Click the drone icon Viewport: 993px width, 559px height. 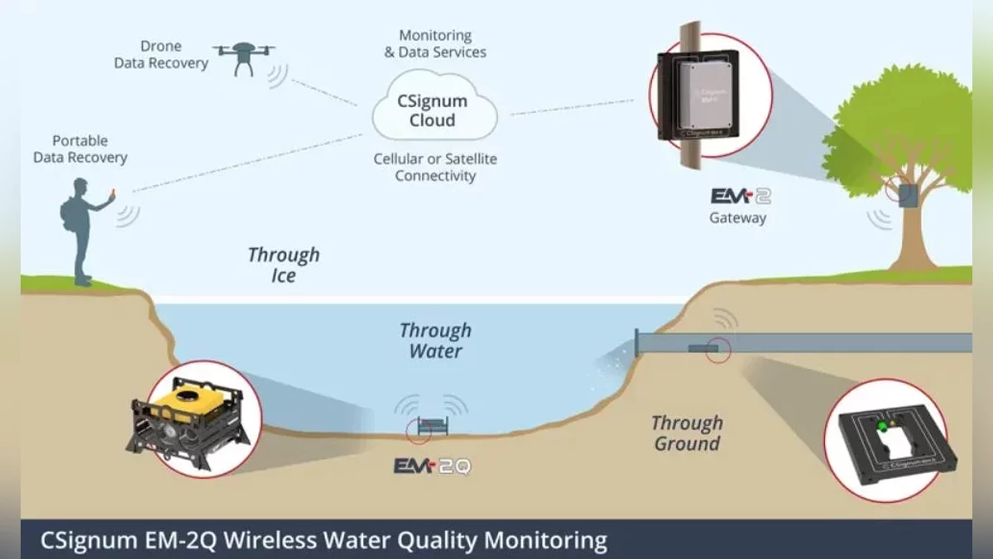pos(244,55)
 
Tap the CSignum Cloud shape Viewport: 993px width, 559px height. pos(433,111)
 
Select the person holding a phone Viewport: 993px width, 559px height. pos(83,228)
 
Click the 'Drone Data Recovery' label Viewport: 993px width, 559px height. pos(161,55)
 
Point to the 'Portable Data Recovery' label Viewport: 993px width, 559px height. pos(80,149)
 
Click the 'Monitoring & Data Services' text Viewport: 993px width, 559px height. pos(435,44)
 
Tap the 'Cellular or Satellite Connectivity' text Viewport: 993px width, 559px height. pos(435,167)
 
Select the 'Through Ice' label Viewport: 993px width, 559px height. pos(283,265)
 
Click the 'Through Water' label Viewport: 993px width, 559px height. pos(435,340)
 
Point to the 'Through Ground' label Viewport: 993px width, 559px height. pos(687,433)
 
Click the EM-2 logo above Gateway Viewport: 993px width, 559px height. pos(741,196)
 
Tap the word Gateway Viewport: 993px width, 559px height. pos(737,219)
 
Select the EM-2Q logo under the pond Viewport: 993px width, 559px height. pos(432,467)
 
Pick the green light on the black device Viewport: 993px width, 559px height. pos(882,426)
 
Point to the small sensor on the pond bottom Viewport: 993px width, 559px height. pos(433,427)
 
